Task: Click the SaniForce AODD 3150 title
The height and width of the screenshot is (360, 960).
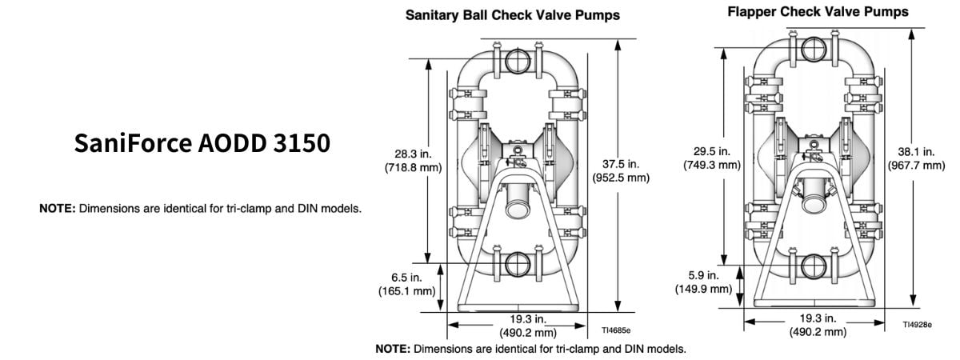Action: click(x=202, y=143)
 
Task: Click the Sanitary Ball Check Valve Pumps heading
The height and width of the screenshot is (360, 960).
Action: click(x=513, y=15)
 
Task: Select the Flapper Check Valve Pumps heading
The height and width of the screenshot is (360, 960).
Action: click(x=818, y=12)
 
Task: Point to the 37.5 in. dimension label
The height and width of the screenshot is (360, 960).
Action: click(x=621, y=164)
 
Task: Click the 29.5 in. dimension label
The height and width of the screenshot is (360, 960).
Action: click(x=711, y=150)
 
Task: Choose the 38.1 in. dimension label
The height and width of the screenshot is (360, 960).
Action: click(x=916, y=150)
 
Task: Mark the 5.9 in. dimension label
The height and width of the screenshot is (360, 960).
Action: click(x=703, y=274)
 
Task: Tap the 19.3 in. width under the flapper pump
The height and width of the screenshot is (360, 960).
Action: click(x=818, y=318)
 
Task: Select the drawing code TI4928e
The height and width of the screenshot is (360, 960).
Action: click(x=917, y=324)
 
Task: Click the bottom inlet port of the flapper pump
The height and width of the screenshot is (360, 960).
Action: click(x=814, y=266)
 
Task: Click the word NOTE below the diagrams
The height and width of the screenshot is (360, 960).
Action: click(x=393, y=350)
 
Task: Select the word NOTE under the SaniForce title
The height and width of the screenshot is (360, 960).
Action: click(x=58, y=209)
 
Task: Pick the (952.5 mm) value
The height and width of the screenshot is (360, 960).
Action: click(x=621, y=178)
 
